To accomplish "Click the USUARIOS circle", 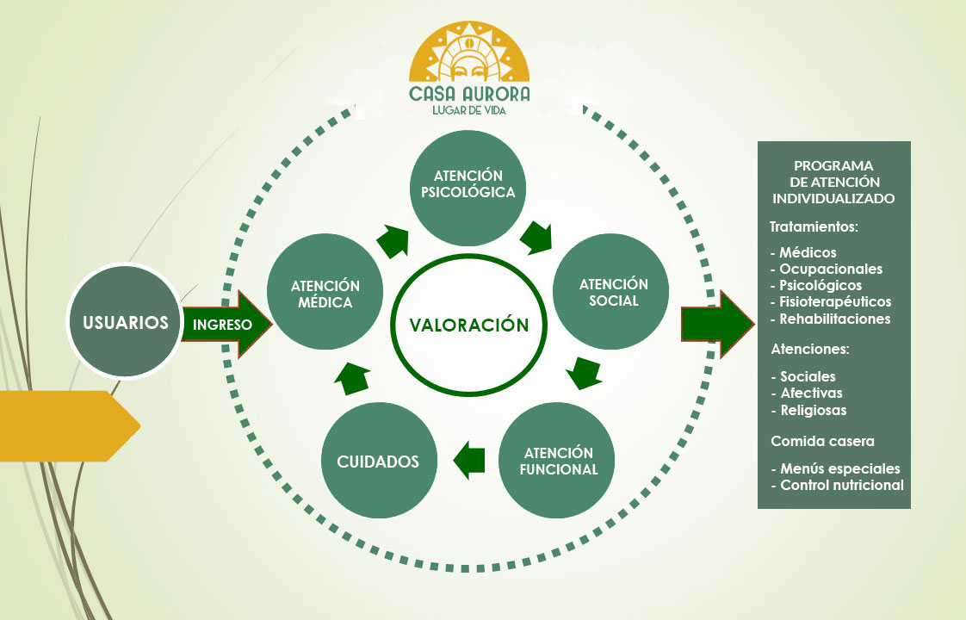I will coord(125,323).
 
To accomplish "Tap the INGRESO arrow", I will coord(226,325).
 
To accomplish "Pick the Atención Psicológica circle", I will coord(468,183).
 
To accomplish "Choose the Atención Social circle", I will coord(613,293).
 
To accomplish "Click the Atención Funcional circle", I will coord(559,461).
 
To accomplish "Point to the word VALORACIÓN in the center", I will coord(468,325).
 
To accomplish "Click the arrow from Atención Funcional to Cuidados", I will coord(469,460).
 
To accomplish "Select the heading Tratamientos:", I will coord(814,227).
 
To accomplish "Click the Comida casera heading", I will coord(822,441).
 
